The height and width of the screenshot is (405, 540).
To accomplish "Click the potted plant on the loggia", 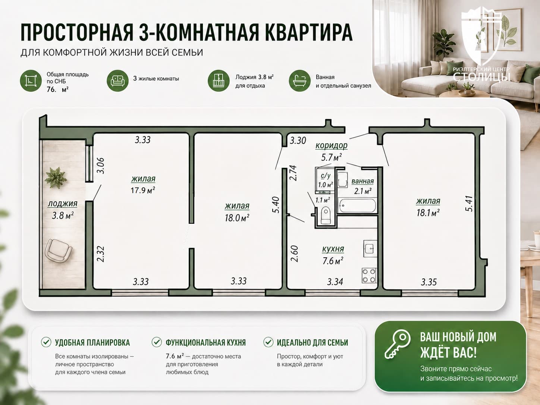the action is tap(56, 177).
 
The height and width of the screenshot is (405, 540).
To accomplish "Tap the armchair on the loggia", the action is tap(59, 251).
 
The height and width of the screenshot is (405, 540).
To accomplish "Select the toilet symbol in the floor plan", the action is tap(326, 215).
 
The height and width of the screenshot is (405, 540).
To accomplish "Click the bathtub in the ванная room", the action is tap(357, 205).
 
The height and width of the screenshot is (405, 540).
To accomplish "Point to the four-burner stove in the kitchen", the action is tap(369, 276).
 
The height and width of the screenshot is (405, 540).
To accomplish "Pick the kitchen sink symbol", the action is tap(370, 248).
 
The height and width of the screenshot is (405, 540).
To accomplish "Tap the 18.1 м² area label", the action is tap(428, 213).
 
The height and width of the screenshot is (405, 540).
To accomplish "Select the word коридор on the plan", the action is tap(332, 146).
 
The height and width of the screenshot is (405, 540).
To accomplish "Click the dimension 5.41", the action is tap(469, 204).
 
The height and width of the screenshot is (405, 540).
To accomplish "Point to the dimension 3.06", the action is tap(101, 166).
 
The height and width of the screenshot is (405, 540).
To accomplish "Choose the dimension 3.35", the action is tap(428, 282).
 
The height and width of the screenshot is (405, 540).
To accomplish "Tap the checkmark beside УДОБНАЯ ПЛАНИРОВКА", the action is tap(46, 342).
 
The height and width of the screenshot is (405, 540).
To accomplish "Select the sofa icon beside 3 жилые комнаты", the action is tap(117, 81).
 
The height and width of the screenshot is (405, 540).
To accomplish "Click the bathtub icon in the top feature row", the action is tap(299, 81).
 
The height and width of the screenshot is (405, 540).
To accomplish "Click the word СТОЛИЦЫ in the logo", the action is tap(481, 77).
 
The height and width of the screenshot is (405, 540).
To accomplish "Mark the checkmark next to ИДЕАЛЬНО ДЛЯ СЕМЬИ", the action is tap(268, 342).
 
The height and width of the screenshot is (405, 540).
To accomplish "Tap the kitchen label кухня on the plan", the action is tap(333, 249).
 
